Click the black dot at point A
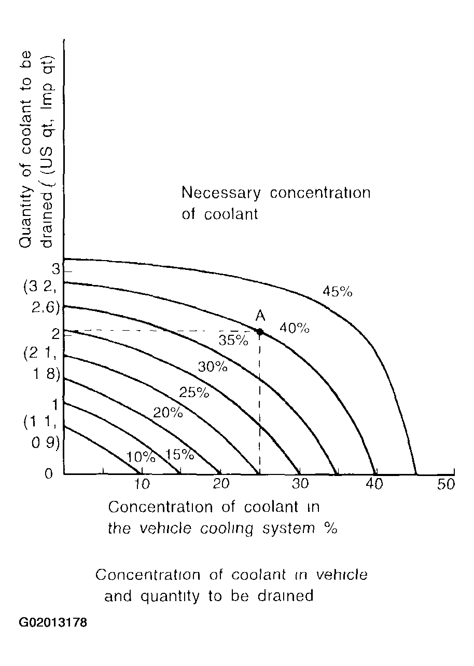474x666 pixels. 260,331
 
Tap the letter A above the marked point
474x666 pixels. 260,315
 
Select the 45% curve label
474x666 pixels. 337,292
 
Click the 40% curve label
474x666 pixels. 294,328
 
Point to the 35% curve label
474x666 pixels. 233,341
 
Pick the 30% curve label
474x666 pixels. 213,367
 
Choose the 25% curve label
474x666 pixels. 194,392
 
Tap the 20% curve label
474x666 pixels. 168,413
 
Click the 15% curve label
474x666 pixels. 179,455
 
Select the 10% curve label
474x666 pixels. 141,457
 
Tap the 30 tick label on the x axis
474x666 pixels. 300,484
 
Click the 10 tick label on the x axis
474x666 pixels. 142,484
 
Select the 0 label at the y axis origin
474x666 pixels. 48,473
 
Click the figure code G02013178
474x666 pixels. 53,622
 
